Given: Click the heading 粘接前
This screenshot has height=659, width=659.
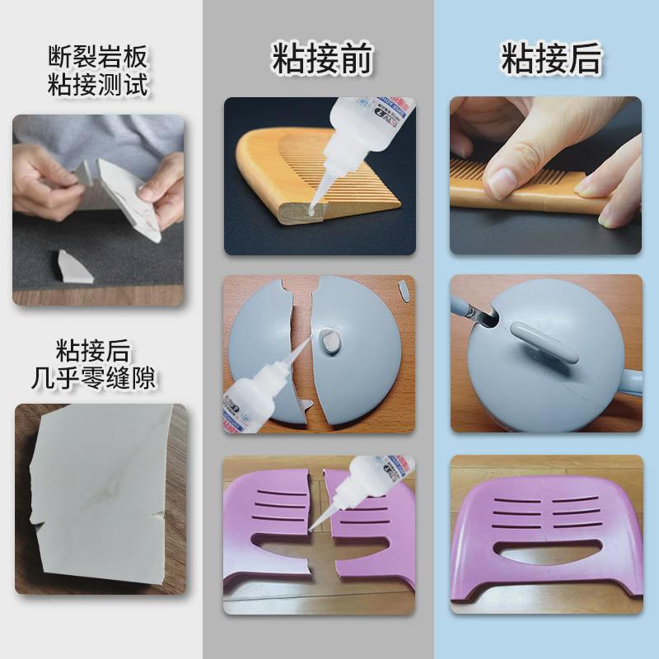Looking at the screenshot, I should (x=322, y=59).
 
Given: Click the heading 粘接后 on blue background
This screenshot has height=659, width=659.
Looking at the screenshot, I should (x=551, y=59).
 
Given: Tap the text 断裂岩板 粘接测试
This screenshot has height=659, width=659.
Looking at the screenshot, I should (x=97, y=70).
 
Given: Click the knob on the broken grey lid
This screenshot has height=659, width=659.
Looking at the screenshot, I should (x=332, y=339).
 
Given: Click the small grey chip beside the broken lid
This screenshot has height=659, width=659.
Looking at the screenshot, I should (x=405, y=289).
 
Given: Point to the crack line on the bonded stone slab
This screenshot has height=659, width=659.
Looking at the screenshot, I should (x=99, y=519).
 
